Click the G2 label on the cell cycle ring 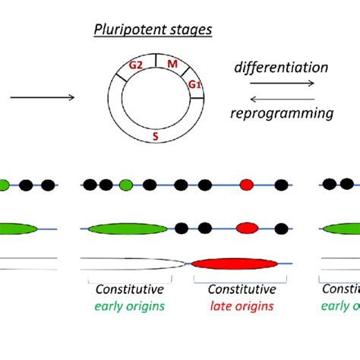point(136,65)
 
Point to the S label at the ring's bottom point(156,137)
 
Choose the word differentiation point(281,68)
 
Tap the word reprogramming point(281,113)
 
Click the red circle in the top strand point(247,185)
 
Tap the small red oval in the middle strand point(247,228)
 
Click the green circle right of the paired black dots point(126,185)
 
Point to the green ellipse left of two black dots point(127,228)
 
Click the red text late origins point(241,306)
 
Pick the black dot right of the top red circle point(281,185)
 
